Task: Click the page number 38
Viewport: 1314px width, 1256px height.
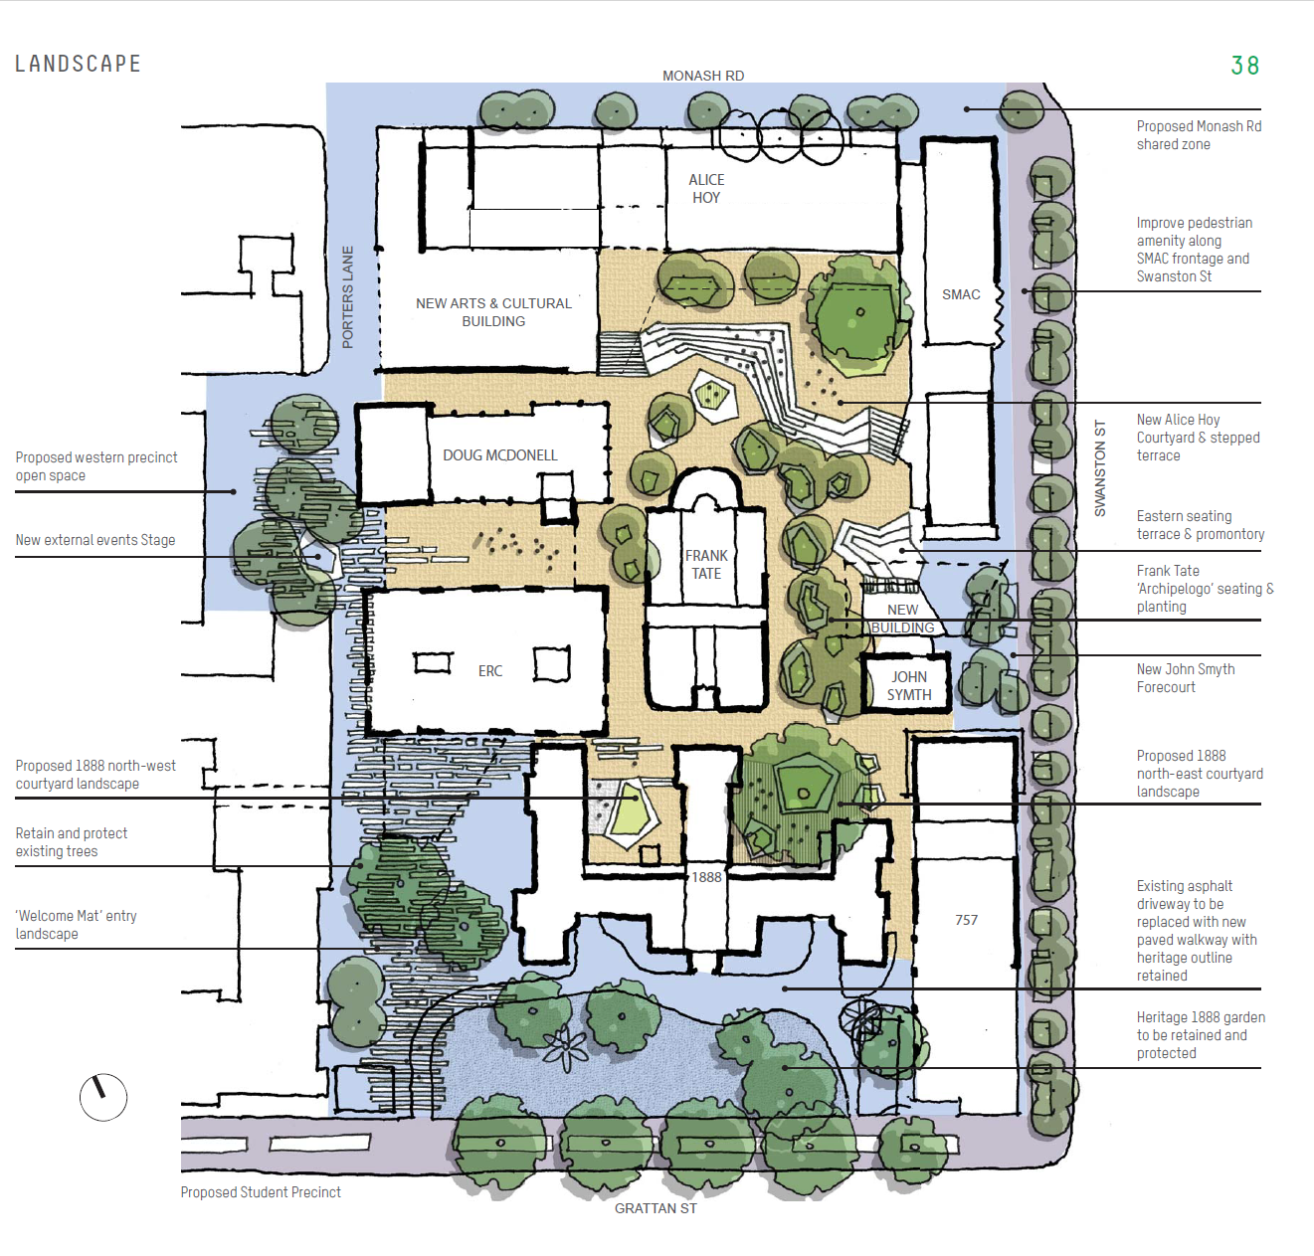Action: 1244,66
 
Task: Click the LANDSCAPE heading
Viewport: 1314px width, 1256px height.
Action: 78,64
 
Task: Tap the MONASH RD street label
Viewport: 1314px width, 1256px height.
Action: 703,76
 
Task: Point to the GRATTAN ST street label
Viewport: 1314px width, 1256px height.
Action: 656,1208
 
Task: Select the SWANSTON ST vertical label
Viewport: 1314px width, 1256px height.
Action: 1100,468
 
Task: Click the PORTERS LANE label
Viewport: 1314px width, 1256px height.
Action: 348,296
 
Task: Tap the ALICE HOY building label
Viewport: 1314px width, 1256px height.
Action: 706,189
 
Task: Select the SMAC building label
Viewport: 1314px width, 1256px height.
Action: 961,294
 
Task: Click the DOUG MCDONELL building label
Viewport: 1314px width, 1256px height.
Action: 499,455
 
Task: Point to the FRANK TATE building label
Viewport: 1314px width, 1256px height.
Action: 706,565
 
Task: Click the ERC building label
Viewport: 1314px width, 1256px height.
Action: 490,671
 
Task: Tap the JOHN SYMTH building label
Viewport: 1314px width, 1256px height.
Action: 909,686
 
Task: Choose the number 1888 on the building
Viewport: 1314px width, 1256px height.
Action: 706,877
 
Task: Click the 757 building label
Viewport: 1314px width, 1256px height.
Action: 966,920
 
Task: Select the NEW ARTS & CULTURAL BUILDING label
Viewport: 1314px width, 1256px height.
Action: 493,312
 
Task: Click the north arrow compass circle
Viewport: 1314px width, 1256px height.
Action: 103,1097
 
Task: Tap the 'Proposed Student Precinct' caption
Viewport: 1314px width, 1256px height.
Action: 261,1192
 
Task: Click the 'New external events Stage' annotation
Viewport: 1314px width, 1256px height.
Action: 95,540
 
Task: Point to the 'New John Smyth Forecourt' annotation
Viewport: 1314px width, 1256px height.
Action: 1186,678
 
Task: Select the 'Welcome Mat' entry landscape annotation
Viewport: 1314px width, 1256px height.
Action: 77,925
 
